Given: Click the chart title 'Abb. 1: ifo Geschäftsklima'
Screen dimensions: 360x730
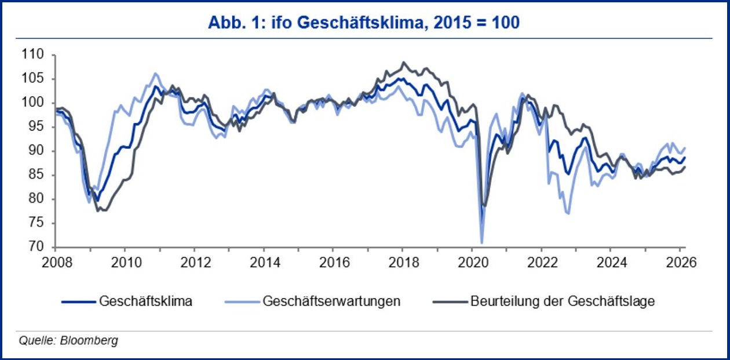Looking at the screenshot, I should pyautogui.click(x=364, y=23).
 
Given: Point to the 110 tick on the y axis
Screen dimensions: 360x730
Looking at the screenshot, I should pyautogui.click(x=34, y=55).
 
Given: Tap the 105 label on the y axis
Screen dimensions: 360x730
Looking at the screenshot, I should pyautogui.click(x=34, y=79).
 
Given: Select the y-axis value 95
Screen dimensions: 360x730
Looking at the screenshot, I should pyautogui.click(x=36, y=127).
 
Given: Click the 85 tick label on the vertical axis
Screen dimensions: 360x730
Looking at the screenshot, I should pyautogui.click(x=36, y=175).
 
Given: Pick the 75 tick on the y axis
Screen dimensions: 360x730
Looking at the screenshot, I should pyautogui.click(x=36, y=223).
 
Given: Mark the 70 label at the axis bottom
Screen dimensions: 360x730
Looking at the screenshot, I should pyautogui.click(x=36, y=248).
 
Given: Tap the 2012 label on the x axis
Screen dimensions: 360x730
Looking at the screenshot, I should pyautogui.click(x=194, y=261).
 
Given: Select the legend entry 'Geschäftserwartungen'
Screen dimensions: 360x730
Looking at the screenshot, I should pyautogui.click(x=331, y=301).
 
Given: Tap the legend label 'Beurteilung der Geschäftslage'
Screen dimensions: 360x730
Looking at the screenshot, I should pyautogui.click(x=563, y=301).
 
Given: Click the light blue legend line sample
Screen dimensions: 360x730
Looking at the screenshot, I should pyautogui.click(x=240, y=301).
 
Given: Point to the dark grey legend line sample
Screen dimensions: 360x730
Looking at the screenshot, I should pyautogui.click(x=450, y=301).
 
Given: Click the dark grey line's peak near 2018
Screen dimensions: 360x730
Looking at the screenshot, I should pyautogui.click(x=404, y=63).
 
